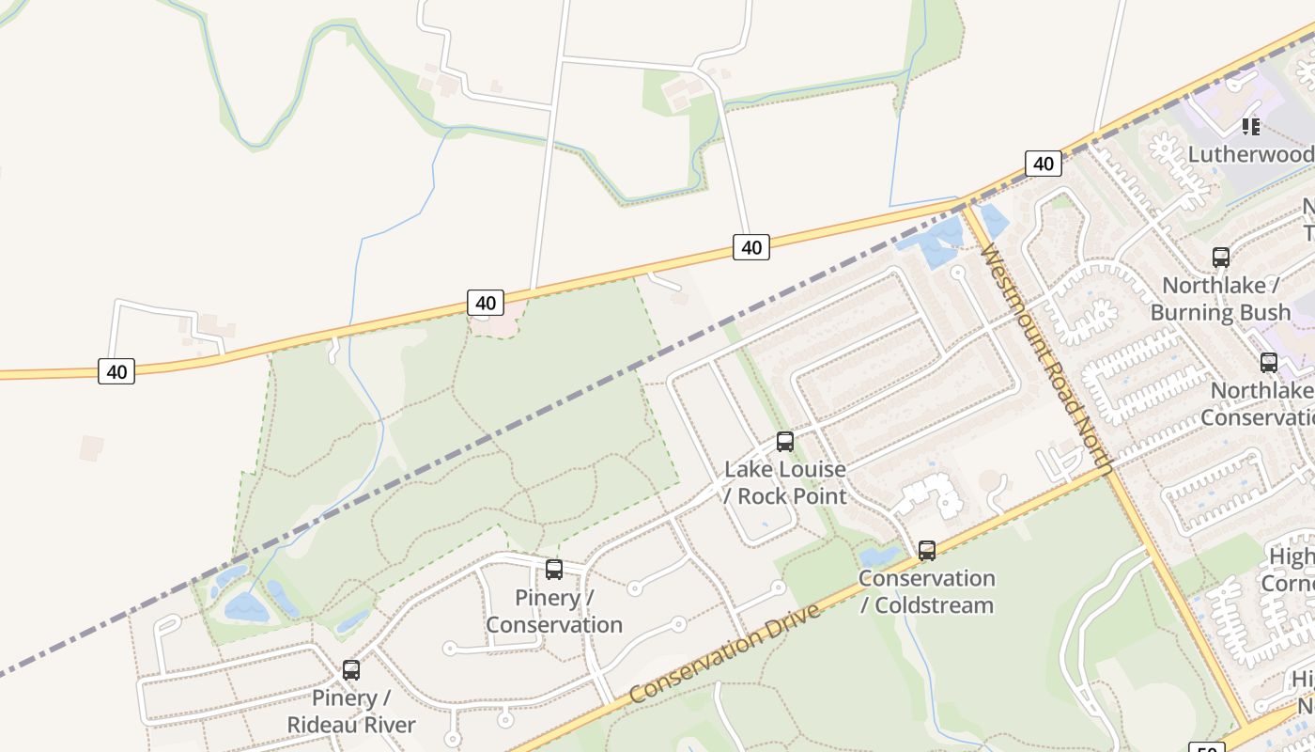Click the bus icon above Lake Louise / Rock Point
pyautogui.click(x=784, y=442)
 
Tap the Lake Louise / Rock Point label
pyautogui.click(x=785, y=482)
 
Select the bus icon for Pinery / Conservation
pyautogui.click(x=554, y=570)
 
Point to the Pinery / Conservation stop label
pyautogui.click(x=554, y=611)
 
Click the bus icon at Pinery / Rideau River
pyautogui.click(x=350, y=670)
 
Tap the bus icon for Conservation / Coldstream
pyautogui.click(x=927, y=551)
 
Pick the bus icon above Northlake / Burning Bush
pyautogui.click(x=1220, y=257)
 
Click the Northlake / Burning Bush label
pyautogui.click(x=1220, y=299)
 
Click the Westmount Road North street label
pyautogui.click(x=1045, y=357)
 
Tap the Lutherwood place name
pyautogui.click(x=1250, y=154)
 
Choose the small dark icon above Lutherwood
pyautogui.click(x=1250, y=126)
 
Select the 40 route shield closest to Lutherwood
pyautogui.click(x=1043, y=164)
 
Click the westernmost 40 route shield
pyautogui.click(x=116, y=371)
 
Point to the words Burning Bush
pyautogui.click(x=1220, y=312)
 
